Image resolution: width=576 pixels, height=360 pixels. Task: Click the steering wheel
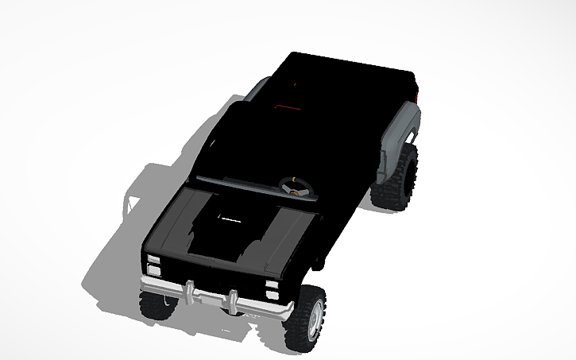coord(296,186)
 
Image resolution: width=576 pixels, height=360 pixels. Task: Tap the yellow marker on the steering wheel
coord(296,180)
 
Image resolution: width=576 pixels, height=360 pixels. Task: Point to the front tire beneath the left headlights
coord(157,304)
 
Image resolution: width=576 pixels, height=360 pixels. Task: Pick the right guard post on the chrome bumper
coord(231,301)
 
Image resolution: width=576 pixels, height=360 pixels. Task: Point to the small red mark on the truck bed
coord(295,82)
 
